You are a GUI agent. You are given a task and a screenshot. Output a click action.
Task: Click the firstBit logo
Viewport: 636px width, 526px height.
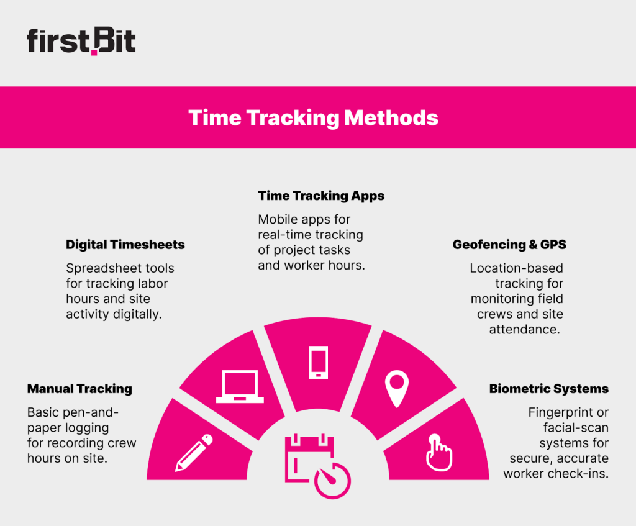[81, 42]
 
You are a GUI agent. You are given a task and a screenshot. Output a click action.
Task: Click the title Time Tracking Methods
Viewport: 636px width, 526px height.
[313, 117]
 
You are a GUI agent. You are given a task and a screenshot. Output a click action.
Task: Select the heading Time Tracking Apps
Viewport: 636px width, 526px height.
[321, 196]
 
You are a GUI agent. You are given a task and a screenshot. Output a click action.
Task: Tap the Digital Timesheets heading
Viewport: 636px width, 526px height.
[125, 245]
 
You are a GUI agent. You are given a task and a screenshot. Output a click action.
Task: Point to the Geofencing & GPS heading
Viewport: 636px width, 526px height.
[509, 245]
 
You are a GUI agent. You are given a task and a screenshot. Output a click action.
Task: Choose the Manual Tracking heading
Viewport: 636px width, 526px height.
[79, 389]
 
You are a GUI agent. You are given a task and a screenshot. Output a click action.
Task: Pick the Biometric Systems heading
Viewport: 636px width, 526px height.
[548, 389]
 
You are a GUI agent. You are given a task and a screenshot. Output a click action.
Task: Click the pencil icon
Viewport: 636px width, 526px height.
[194, 451]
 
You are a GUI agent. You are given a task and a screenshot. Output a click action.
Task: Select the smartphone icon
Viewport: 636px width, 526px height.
[318, 362]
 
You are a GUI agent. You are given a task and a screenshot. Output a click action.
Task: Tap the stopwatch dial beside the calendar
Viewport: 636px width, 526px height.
[332, 479]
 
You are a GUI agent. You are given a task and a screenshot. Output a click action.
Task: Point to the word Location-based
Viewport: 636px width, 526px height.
[516, 268]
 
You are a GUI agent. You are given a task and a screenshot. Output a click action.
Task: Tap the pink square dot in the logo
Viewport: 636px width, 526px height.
[94, 52]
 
